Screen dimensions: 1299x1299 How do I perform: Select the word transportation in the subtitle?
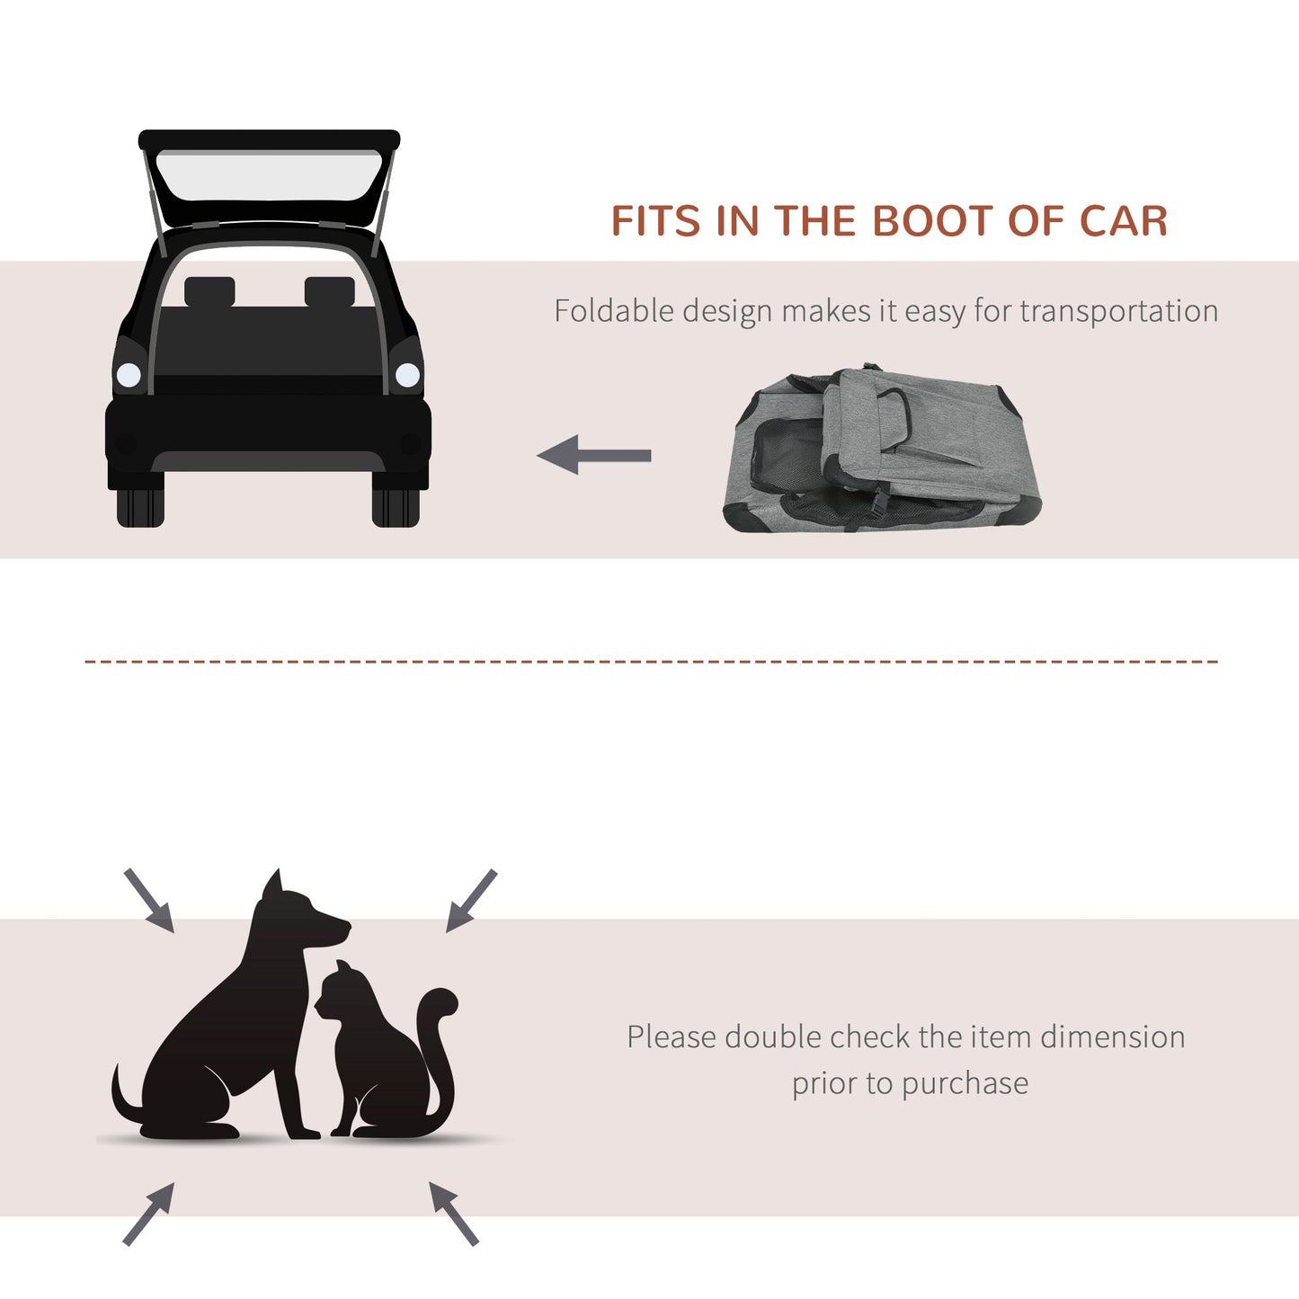(x=1118, y=311)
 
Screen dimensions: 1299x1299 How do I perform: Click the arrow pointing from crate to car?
(x=594, y=455)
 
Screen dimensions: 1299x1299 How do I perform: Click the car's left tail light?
(x=129, y=375)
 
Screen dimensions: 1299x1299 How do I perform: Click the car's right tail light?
(x=407, y=375)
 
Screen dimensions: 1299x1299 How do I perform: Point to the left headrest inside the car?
(x=209, y=292)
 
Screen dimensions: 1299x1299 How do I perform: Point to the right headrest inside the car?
(x=329, y=292)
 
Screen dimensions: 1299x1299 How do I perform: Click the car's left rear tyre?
(x=140, y=508)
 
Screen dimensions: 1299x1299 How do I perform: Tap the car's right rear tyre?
(x=396, y=508)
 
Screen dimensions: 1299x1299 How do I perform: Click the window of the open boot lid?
(x=269, y=175)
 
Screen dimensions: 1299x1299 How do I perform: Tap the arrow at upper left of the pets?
(x=149, y=900)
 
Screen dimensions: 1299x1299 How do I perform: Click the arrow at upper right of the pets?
(x=471, y=900)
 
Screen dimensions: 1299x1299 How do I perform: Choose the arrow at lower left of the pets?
(x=148, y=1214)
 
